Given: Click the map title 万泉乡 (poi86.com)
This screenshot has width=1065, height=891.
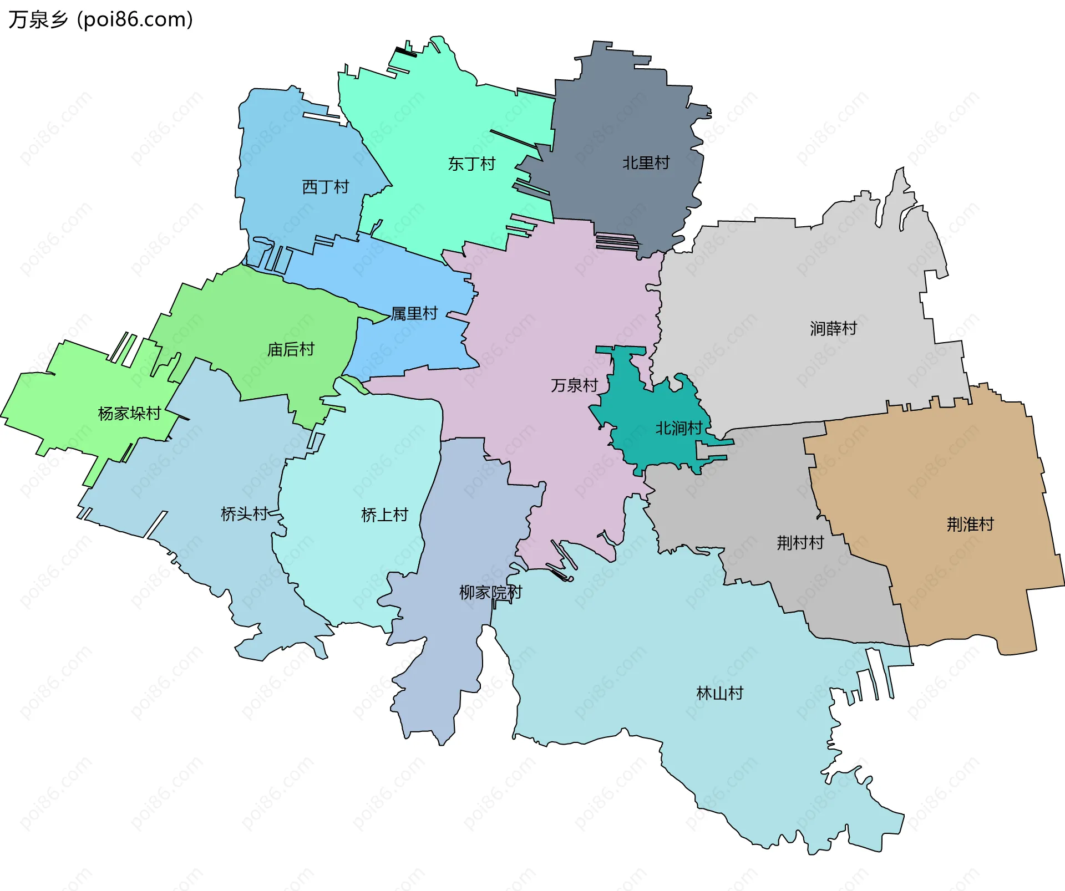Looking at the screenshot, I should point(100,20).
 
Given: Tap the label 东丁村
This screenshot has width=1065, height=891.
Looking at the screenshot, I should point(471,164).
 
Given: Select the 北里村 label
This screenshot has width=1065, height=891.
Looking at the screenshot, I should point(646,163).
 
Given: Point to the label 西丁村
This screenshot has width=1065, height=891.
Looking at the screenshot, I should point(325,187).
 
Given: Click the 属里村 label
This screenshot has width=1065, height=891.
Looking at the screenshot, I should point(414,314).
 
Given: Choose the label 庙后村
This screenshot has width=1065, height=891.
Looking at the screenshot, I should point(291,350).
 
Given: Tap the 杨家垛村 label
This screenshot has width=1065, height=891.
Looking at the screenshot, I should point(129,414).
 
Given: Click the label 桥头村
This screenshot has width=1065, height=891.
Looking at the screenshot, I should point(244,514).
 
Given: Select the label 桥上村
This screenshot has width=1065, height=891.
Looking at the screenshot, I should point(384,515).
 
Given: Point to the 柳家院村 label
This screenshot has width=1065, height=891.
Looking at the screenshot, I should point(490,593).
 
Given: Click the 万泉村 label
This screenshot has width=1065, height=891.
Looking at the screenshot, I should point(574,385).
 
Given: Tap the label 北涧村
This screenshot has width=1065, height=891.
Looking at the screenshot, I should point(679,428).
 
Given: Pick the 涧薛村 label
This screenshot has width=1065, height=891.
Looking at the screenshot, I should point(833,329).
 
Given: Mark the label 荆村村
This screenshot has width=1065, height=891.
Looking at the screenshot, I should point(800,543).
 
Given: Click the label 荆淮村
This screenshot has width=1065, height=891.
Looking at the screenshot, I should point(970,525).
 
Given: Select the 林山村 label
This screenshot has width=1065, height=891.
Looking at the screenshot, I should point(719,693).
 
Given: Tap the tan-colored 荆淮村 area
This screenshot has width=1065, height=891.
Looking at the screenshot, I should point(943,582).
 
